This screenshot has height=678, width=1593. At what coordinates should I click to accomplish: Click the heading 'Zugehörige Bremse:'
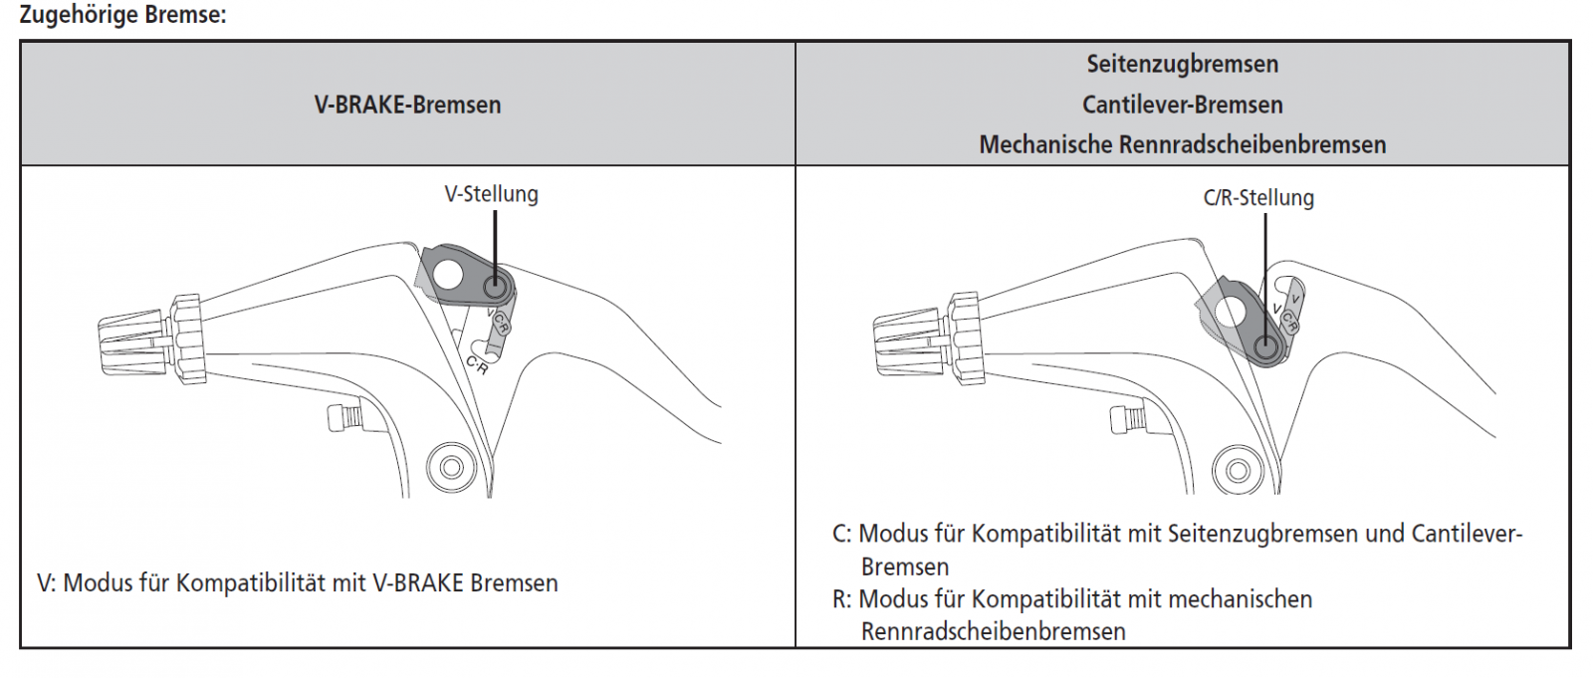[x=122, y=15]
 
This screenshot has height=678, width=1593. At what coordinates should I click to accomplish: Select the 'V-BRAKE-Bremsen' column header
[x=407, y=105]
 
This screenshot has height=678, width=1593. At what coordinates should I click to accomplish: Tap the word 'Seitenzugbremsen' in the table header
[x=1182, y=64]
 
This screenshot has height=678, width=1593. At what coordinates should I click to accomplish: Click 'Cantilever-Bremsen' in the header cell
[x=1182, y=105]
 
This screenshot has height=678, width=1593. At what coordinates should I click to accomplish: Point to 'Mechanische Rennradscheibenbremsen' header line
[x=1182, y=144]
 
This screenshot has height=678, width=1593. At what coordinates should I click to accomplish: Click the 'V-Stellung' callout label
[x=491, y=193]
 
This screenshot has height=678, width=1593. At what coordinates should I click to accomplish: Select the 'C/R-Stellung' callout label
[x=1257, y=197]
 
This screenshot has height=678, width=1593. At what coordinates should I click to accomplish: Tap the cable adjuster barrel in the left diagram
[x=134, y=339]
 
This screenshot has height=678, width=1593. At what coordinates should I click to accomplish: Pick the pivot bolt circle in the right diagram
[x=1237, y=469]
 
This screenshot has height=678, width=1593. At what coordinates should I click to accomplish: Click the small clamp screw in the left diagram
[x=341, y=417]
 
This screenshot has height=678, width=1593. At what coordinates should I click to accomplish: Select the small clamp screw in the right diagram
[x=1124, y=419]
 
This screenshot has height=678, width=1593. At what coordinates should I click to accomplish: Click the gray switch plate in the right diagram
[x=1240, y=319]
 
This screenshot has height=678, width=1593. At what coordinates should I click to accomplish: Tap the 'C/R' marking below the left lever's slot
[x=477, y=365]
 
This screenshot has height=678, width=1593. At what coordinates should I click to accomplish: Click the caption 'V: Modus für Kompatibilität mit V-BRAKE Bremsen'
[x=297, y=582]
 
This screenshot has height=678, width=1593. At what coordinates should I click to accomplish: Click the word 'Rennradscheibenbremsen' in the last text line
[x=993, y=631]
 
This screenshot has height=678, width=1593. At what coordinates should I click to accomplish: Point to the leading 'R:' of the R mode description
[x=842, y=599]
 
